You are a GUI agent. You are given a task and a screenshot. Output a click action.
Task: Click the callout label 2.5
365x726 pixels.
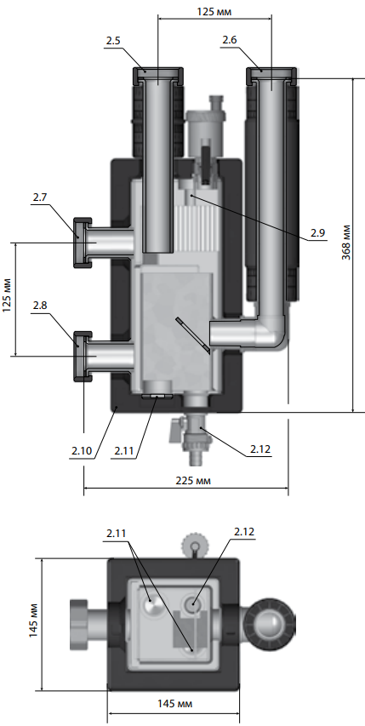coord(113,41)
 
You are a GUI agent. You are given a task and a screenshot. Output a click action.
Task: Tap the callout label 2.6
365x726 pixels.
coord(230,40)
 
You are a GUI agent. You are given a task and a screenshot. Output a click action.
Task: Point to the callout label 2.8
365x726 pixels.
coord(40,306)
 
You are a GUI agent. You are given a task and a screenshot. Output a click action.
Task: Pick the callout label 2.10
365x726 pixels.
coord(82,450)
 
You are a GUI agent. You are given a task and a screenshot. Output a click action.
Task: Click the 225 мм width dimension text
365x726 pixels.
coord(193,481)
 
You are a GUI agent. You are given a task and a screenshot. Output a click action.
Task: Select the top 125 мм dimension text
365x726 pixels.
coord(214,12)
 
